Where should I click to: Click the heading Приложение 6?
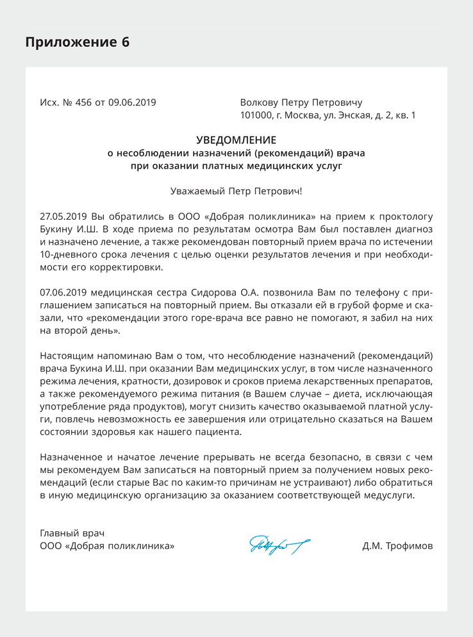77,42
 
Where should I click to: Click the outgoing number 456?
84,103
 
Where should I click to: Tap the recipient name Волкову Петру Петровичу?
301,103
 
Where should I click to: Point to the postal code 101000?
256,116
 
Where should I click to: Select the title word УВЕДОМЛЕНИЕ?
236,140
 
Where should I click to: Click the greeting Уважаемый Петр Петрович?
236,191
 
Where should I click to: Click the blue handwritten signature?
279,545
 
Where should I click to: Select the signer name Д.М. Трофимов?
397,547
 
